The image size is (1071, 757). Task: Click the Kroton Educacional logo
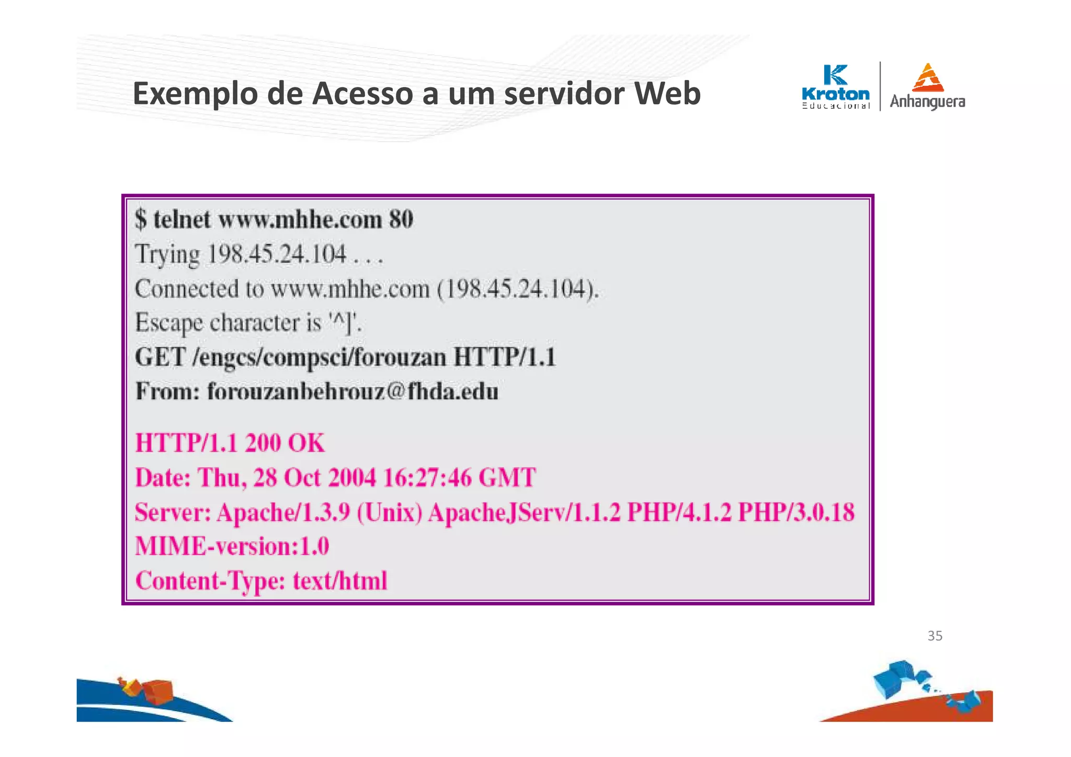coord(836,87)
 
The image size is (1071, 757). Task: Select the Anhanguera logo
coord(927,87)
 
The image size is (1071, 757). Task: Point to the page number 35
coord(935,636)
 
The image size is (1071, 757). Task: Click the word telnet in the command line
coord(182,220)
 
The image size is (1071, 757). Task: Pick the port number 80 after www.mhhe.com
coord(401,220)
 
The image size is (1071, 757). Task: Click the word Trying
coord(167,255)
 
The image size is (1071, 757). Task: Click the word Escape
coord(168,323)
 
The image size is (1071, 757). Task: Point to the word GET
coord(160,358)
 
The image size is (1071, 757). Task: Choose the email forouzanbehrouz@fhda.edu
coord(352,392)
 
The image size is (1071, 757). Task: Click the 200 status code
coord(263,443)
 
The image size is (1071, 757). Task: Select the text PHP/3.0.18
coord(796,512)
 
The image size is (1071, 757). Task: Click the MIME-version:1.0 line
coord(232,546)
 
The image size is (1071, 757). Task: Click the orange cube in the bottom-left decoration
coord(158,691)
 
